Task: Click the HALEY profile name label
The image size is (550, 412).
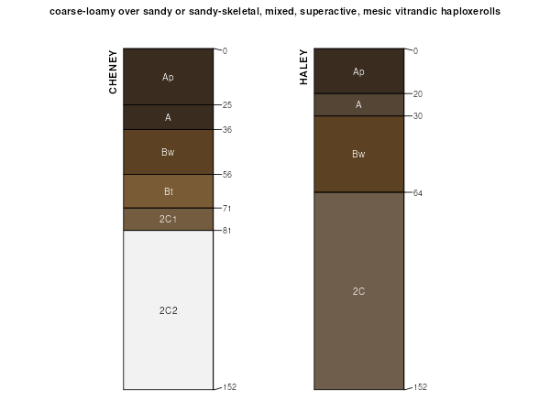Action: pyautogui.click(x=303, y=68)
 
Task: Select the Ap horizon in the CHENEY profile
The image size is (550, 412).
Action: pyautogui.click(x=168, y=77)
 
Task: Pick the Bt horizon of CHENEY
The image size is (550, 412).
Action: pyautogui.click(x=168, y=191)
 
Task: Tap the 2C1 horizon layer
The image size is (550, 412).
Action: pyautogui.click(x=168, y=220)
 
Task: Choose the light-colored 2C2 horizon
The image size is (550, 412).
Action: pyautogui.click(x=168, y=310)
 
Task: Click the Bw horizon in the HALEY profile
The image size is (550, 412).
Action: pyautogui.click(x=358, y=154)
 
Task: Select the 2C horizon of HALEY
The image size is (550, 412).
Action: pyautogui.click(x=358, y=291)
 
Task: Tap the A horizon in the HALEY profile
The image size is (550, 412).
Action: pyautogui.click(x=358, y=104)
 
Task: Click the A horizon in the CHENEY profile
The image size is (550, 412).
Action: pyautogui.click(x=168, y=117)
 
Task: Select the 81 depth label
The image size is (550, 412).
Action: pyautogui.click(x=226, y=230)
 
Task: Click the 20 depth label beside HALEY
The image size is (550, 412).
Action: pyautogui.click(x=417, y=94)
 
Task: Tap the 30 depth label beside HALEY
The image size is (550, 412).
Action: pyautogui.click(x=417, y=116)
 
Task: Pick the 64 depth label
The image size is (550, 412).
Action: pyautogui.click(x=417, y=192)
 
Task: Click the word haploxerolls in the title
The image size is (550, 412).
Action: pyautogui.click(x=469, y=12)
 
